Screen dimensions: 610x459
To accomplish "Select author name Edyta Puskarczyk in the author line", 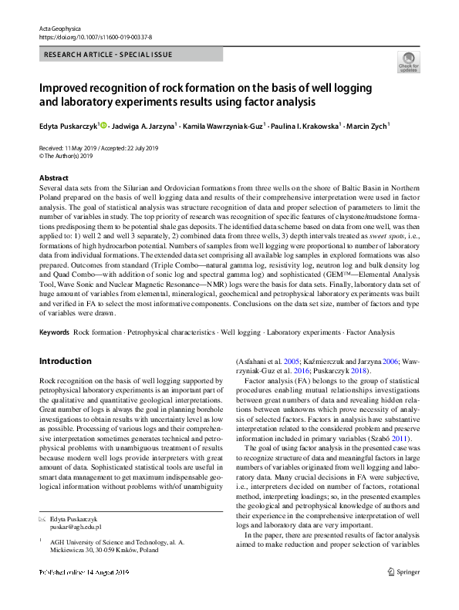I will coord(68,126).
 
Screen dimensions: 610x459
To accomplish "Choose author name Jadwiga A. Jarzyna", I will coord(144,126).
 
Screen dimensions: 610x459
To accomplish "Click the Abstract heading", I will coord(53,178).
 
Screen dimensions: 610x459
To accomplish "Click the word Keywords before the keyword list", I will coord(54,332).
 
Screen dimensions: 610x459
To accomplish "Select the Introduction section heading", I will coord(65,361).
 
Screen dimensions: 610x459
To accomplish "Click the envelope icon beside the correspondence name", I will coord(42,518).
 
